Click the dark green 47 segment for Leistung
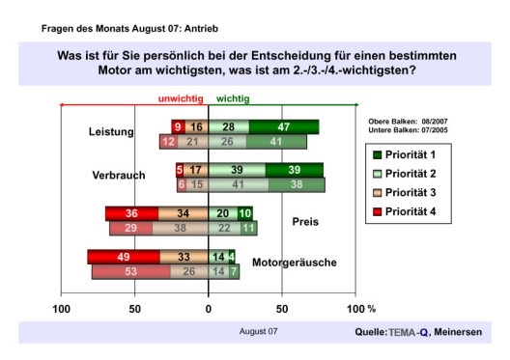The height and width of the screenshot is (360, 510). point(284,126)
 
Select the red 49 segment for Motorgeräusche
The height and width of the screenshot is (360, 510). point(124,257)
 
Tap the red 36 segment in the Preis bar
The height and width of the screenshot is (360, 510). point(131,213)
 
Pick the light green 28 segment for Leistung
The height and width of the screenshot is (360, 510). point(229,126)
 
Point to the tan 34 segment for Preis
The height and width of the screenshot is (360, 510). point(183,213)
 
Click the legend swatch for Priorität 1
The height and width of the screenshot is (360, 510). point(379,154)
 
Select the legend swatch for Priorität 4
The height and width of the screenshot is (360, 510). point(379,209)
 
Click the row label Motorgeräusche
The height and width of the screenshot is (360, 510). point(293,263)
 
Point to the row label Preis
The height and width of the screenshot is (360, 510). point(305,221)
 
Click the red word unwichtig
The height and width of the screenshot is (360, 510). point(180,98)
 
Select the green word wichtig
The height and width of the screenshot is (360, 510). point(232,98)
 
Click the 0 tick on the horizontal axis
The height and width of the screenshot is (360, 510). point(209,309)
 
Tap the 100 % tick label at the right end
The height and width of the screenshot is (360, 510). point(360,309)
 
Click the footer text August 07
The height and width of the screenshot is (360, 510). point(259,332)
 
